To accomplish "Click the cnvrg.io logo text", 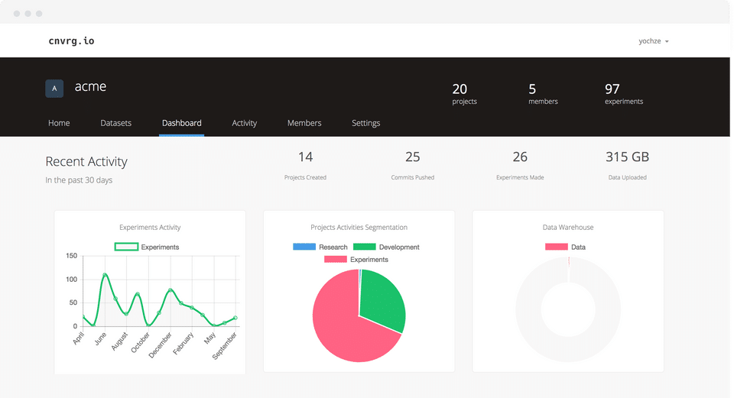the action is coord(71,41).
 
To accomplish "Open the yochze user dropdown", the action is coord(654,41).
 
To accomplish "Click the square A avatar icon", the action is coord(54,89).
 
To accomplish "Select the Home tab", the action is coord(59,123).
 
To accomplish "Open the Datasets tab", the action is coord(115,123).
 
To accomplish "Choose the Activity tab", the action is coord(245,123).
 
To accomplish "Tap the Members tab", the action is coord(304,123).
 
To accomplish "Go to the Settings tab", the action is coord(365,123).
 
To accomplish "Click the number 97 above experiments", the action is coord(612,89).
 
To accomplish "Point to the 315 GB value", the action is coord(627,157).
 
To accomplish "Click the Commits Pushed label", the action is coord(412,177).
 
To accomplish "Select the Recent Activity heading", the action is coord(86,161).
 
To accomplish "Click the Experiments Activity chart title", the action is coord(150,228).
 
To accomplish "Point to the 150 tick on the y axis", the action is coord(72,256).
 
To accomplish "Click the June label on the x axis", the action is coord(100,338).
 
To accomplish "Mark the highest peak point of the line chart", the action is coord(105,274).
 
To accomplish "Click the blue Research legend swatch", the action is coord(304,247).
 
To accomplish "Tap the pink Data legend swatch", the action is coord(557,247).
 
